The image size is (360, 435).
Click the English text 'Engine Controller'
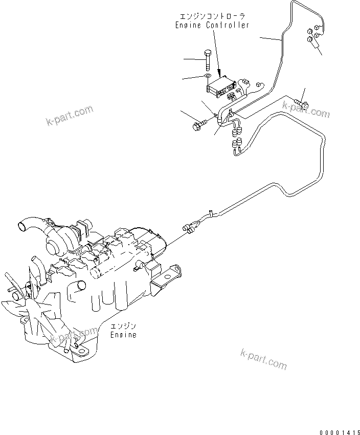click(x=212, y=25)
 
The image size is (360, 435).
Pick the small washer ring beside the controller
click(x=208, y=77)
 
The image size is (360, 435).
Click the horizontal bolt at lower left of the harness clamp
click(x=199, y=124)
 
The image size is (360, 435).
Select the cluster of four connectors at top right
click(x=313, y=34)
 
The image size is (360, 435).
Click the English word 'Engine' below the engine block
click(x=124, y=335)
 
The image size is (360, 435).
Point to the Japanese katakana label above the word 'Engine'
click(x=124, y=326)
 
